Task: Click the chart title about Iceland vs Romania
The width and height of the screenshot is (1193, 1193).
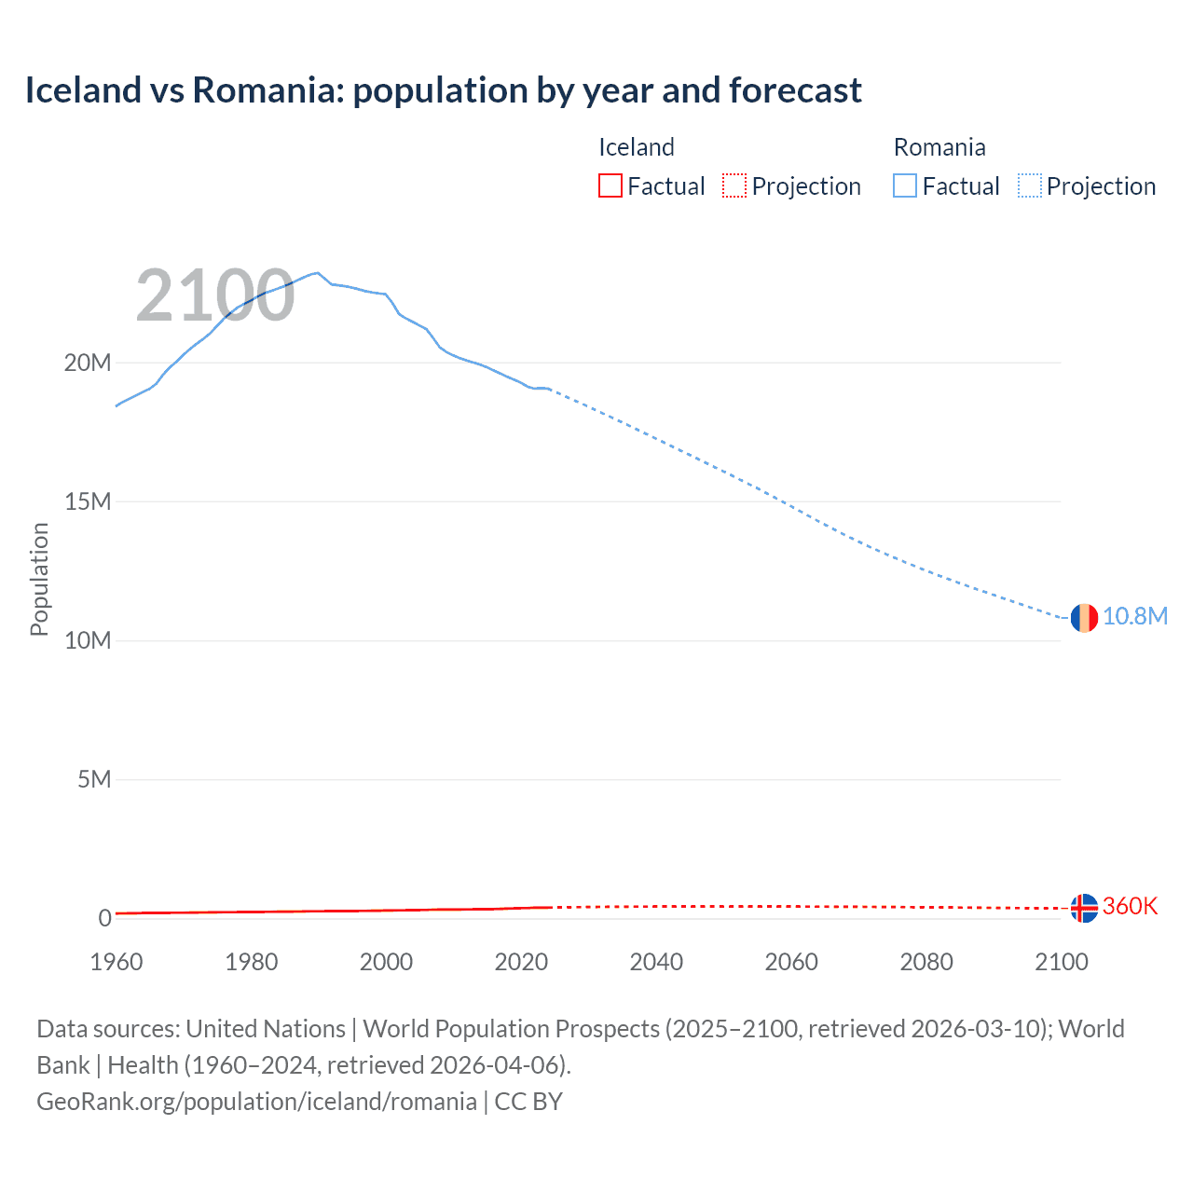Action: (x=443, y=90)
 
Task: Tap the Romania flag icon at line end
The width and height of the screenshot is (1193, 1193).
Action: (x=1083, y=617)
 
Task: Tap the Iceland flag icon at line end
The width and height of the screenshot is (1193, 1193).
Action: (x=1083, y=907)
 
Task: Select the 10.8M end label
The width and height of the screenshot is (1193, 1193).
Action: (x=1134, y=617)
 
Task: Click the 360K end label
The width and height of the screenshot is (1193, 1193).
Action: (x=1130, y=907)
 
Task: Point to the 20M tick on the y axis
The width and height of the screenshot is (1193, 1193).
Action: (x=88, y=363)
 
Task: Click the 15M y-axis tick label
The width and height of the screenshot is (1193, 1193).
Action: (x=88, y=501)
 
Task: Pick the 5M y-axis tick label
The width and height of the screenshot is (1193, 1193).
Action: (x=94, y=779)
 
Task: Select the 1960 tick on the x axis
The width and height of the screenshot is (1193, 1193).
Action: (x=117, y=962)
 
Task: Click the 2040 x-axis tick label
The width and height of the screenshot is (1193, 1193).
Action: (x=656, y=962)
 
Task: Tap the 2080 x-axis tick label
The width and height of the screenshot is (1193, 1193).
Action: (x=926, y=962)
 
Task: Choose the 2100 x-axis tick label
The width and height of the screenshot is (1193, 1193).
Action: (x=1061, y=962)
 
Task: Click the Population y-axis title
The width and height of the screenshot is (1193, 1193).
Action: (x=39, y=579)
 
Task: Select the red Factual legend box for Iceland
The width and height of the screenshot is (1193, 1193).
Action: (x=610, y=185)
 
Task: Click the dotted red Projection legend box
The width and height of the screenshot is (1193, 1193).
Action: (x=734, y=185)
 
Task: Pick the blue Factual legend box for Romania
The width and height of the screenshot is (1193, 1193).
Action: (x=905, y=185)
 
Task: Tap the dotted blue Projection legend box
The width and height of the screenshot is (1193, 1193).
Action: (x=1029, y=185)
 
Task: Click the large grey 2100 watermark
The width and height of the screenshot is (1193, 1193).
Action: (x=215, y=296)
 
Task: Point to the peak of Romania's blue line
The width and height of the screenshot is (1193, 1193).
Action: (x=318, y=273)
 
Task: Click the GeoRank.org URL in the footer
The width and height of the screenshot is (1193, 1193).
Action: (x=256, y=1102)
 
